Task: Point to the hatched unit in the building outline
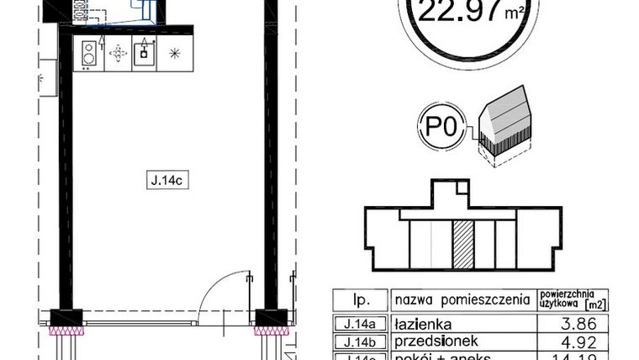(x=462, y=244)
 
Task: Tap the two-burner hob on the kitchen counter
(x=88, y=55)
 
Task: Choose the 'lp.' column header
(x=362, y=299)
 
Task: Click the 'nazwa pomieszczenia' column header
(x=462, y=299)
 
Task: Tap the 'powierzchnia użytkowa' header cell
(x=573, y=299)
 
